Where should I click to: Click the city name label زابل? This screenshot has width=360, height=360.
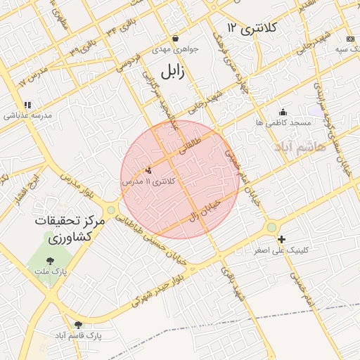(x=171, y=72)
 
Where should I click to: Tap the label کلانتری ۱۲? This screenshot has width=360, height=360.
(x=253, y=27)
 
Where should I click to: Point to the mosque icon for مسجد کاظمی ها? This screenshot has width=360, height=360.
(x=283, y=111)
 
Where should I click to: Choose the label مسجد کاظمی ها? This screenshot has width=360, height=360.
(x=283, y=122)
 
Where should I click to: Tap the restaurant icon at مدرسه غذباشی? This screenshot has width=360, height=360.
(x=27, y=105)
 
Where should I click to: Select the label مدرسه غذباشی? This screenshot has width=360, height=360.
(x=27, y=116)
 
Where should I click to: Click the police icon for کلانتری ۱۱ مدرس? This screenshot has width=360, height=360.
(x=148, y=170)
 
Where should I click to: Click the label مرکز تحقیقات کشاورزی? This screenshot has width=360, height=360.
(x=69, y=229)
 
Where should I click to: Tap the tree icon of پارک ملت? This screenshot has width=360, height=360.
(x=49, y=261)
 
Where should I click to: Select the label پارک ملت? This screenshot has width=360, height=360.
(x=49, y=272)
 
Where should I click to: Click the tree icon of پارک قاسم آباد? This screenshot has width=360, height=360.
(x=77, y=325)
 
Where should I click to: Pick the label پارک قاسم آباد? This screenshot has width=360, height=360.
(x=77, y=336)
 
